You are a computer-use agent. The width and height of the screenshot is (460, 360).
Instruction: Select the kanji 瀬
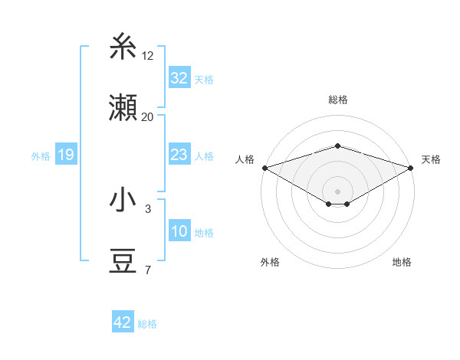[123, 109]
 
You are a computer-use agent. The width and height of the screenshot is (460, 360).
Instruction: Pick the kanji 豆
[123, 262]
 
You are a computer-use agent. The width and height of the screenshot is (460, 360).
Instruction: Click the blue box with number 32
[179, 77]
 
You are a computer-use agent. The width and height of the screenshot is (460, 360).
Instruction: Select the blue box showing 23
[179, 155]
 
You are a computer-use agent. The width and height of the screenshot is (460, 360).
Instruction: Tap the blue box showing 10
[179, 231]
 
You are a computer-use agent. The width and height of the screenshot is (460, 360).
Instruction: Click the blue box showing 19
[66, 155]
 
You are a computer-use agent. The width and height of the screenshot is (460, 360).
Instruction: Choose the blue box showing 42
[123, 322]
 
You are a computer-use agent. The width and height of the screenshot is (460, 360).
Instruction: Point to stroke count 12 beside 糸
[148, 55]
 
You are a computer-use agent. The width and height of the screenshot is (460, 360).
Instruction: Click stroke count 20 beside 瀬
[148, 116]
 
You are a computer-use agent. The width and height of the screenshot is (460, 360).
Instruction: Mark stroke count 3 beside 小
[148, 208]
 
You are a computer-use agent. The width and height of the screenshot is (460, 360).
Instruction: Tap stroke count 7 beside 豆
[148, 270]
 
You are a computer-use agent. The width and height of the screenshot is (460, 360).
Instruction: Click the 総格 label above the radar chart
[337, 100]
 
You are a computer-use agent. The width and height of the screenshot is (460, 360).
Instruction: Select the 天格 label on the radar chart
[431, 159]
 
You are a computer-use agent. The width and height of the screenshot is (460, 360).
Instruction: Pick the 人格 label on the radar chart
[245, 159]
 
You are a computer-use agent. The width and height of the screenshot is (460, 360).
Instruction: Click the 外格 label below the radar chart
[270, 262]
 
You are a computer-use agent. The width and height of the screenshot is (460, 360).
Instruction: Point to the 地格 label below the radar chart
[402, 262]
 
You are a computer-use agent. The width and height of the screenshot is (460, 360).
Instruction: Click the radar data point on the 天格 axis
[412, 168]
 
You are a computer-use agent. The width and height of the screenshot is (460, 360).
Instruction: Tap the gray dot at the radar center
[337, 190]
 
